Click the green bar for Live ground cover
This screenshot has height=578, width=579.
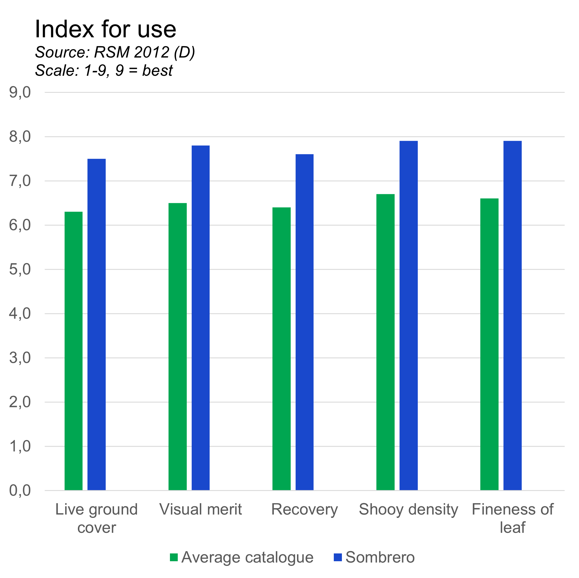pyautogui.click(x=74, y=351)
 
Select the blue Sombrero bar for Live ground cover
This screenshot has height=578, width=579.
pyautogui.click(x=96, y=324)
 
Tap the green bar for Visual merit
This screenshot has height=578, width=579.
pyautogui.click(x=177, y=347)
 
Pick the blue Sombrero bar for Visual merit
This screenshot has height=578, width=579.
pyautogui.click(x=201, y=318)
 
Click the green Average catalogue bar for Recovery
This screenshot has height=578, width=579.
pyautogui.click(x=281, y=349)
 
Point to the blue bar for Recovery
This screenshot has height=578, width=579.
pyautogui.click(x=305, y=322)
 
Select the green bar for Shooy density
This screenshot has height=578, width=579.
pyautogui.click(x=385, y=342)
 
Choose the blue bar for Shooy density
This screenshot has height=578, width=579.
pyautogui.click(x=408, y=315)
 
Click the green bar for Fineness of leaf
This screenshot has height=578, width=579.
pyautogui.click(x=489, y=344)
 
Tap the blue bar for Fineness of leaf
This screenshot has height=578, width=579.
pyautogui.click(x=512, y=315)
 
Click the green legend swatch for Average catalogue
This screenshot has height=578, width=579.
pyautogui.click(x=174, y=557)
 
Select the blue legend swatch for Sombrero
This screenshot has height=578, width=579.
pyautogui.click(x=338, y=557)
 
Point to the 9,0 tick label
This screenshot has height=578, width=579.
pyautogui.click(x=20, y=93)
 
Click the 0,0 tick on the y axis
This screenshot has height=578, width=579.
pyautogui.click(x=20, y=491)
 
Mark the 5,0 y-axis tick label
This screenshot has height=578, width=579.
pyautogui.click(x=20, y=270)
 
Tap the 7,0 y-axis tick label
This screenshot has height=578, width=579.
pyautogui.click(x=20, y=181)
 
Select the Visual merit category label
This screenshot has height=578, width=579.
pyautogui.click(x=201, y=509)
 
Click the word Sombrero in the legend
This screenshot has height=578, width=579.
pyautogui.click(x=380, y=557)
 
